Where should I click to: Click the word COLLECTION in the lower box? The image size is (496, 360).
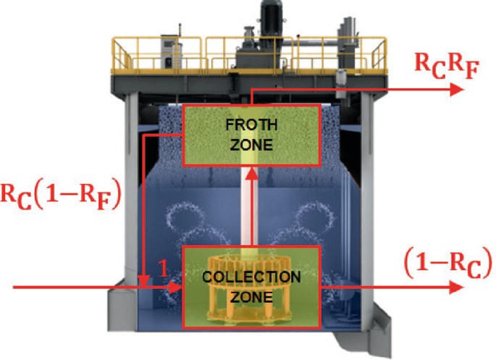pos(251,277)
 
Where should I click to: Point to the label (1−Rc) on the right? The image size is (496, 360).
pos(449,258)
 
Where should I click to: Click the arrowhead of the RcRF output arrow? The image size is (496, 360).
pos(457,89)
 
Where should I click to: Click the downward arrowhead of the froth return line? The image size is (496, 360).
pos(145,279)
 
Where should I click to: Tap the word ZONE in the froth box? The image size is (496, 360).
pos(251,144)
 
